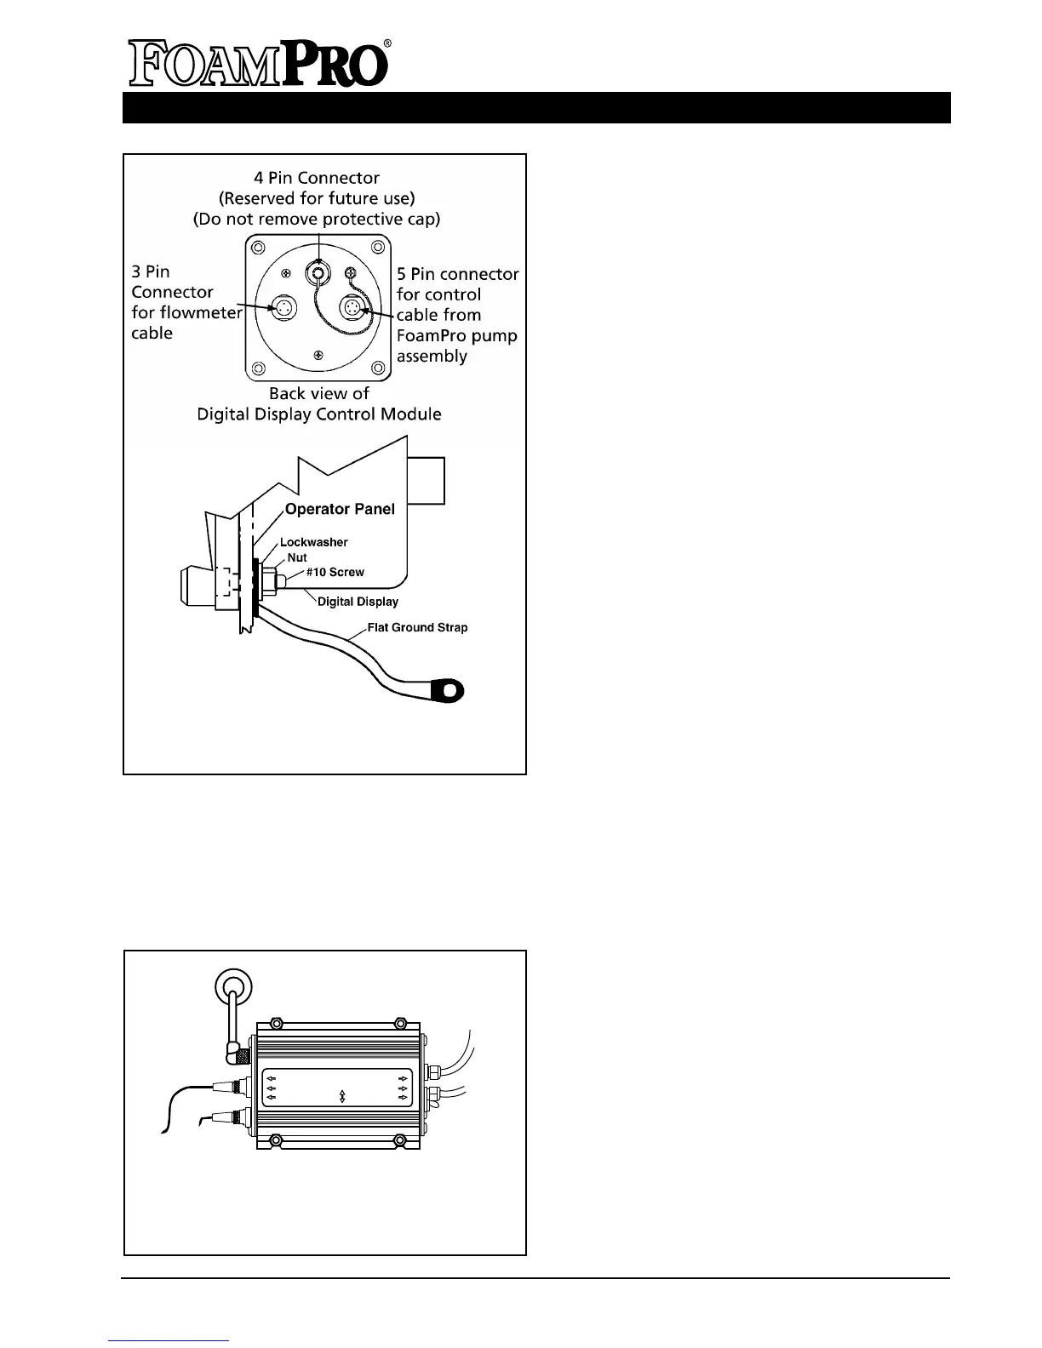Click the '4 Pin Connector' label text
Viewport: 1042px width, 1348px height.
point(317,178)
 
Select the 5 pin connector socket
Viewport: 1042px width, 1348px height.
point(352,307)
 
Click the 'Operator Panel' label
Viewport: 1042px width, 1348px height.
point(340,509)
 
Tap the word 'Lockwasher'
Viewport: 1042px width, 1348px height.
point(313,542)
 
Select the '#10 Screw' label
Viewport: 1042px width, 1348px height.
point(335,573)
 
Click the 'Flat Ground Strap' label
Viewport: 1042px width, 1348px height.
point(417,628)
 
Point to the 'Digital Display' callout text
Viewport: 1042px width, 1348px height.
point(358,602)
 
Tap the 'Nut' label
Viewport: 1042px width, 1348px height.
point(297,557)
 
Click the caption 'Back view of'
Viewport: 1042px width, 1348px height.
point(318,394)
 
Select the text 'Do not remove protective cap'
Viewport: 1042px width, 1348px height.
point(317,219)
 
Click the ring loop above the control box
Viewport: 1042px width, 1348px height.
point(232,988)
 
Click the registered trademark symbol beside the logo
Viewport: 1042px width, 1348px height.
point(387,43)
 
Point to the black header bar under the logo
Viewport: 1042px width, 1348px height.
point(536,108)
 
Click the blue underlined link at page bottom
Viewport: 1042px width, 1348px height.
point(169,1340)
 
